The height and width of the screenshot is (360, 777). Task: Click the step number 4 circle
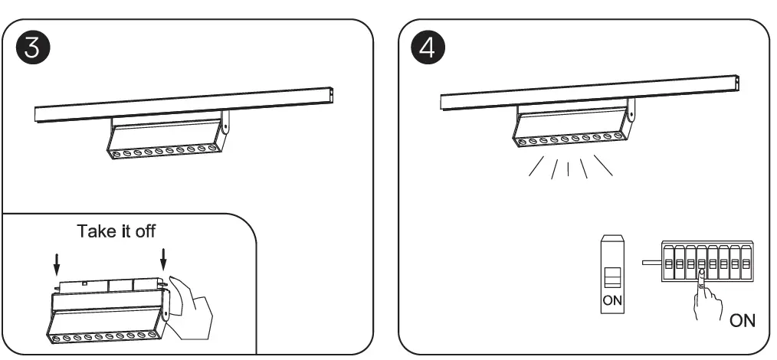coord(428,47)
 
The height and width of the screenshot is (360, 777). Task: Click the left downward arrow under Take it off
coord(56,265)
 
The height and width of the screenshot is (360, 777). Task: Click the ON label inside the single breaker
coord(611,300)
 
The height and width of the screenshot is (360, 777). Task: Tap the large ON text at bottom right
coord(742,320)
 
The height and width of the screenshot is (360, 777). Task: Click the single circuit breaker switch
coord(611,273)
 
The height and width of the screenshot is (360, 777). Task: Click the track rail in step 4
coord(590,90)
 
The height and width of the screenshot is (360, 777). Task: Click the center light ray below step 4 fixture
coord(567,167)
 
